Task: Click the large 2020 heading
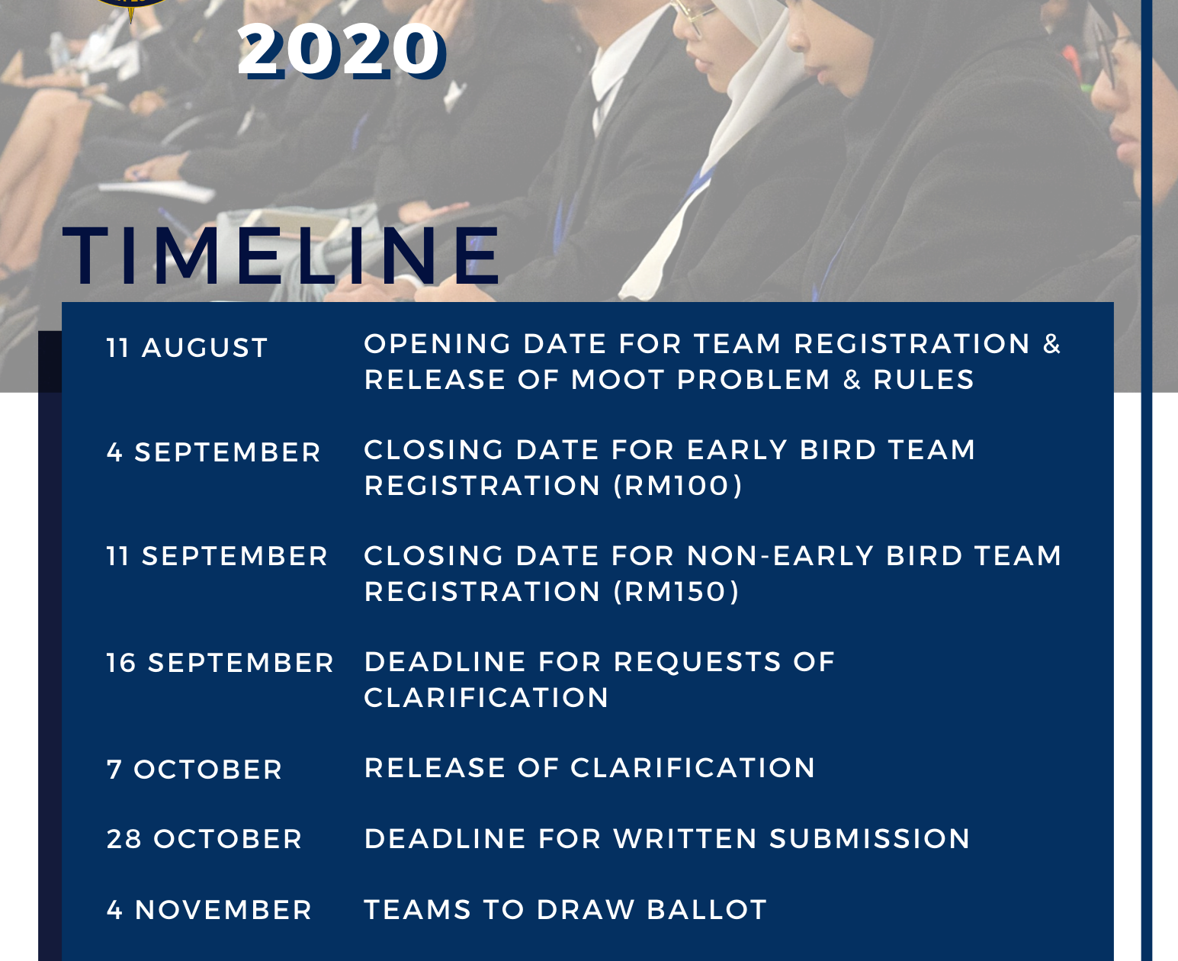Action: pyautogui.click(x=341, y=51)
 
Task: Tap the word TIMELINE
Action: pyautogui.click(x=281, y=256)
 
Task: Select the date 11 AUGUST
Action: pyautogui.click(x=187, y=348)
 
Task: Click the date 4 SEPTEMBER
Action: pyautogui.click(x=213, y=452)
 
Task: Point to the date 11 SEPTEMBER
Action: pyautogui.click(x=217, y=556)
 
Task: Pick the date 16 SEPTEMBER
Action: pyautogui.click(x=220, y=663)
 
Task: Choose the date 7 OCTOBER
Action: pyautogui.click(x=194, y=770)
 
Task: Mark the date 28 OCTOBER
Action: pyautogui.click(x=204, y=839)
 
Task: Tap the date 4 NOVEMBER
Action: pyautogui.click(x=209, y=910)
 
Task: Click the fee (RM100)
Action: pyautogui.click(x=678, y=485)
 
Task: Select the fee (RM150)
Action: pyautogui.click(x=676, y=591)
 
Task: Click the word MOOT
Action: pyautogui.click(x=617, y=380)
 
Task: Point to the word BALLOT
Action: pyautogui.click(x=707, y=910)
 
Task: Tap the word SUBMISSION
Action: pyautogui.click(x=870, y=839)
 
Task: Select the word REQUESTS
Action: pyautogui.click(x=697, y=662)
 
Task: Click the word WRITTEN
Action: pyautogui.click(x=685, y=839)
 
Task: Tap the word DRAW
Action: pyautogui.click(x=586, y=910)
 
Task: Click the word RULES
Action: pyautogui.click(x=924, y=380)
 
